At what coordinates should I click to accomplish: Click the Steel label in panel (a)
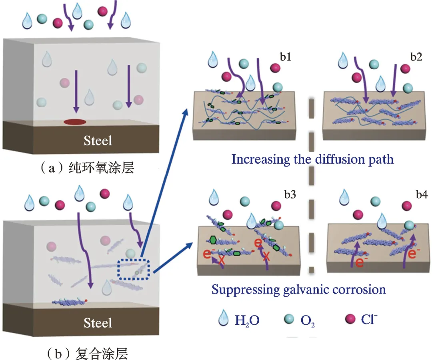click(x=98, y=140)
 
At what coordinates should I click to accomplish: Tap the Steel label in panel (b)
click(x=98, y=322)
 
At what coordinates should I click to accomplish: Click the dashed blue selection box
click(x=134, y=269)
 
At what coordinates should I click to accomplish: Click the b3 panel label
click(x=291, y=195)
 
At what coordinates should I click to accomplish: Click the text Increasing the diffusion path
click(x=312, y=159)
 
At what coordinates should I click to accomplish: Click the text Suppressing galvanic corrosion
click(x=299, y=289)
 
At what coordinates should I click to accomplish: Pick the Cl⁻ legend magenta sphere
click(x=350, y=320)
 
